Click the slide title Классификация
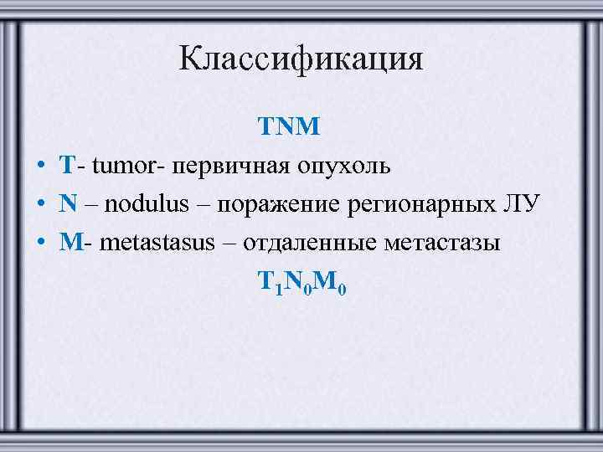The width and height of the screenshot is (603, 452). [x=301, y=59]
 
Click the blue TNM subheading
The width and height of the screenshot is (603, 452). [x=289, y=127]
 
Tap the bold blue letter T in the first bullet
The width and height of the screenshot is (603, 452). [x=67, y=165]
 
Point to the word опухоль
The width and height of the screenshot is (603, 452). [x=340, y=166]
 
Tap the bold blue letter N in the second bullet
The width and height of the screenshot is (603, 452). [x=67, y=204]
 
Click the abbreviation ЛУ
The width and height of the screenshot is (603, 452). [x=522, y=204]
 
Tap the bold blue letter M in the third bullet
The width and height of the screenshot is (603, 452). [x=70, y=243]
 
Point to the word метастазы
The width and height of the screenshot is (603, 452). [x=441, y=243]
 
